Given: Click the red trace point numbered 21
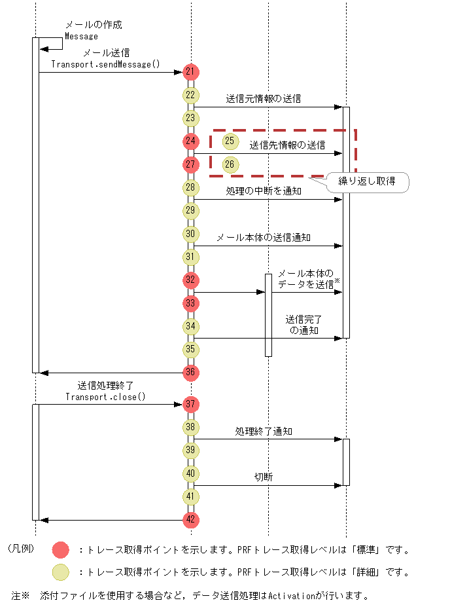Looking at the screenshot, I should [191, 71].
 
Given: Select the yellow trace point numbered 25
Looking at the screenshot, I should [230, 141].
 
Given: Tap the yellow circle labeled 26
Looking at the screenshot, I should [230, 164].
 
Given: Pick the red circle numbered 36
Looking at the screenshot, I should [191, 373].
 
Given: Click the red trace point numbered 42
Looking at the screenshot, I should [191, 520].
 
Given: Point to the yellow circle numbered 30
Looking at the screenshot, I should [191, 234].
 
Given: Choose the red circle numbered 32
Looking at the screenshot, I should [191, 280].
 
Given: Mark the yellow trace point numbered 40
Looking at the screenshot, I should [191, 473].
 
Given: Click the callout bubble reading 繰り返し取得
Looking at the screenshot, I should [366, 181].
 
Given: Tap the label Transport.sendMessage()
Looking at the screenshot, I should [105, 64].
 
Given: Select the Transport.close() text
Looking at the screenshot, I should [105, 397].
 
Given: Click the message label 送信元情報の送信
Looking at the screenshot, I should [264, 99].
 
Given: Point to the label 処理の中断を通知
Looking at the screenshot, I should [264, 191].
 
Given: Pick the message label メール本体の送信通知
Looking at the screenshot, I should [264, 237].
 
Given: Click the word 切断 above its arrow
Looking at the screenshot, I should [264, 477].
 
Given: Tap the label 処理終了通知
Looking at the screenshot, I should [264, 431].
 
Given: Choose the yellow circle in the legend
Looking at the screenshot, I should [61, 572].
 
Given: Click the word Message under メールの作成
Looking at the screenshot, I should [81, 36].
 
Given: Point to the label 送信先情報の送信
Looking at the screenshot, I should [287, 145].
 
